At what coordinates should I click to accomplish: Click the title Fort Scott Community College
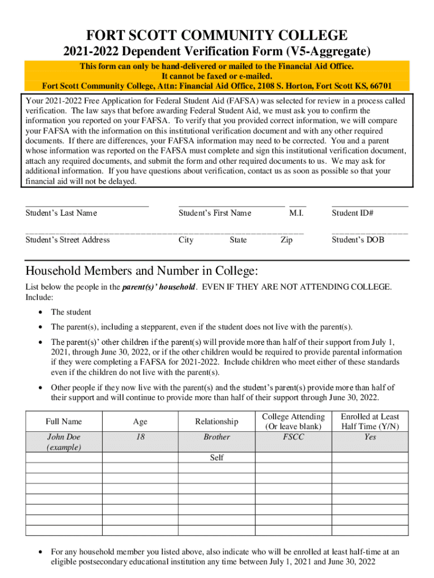(x=217, y=35)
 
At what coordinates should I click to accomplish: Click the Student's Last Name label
(x=61, y=213)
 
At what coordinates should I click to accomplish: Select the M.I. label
(x=296, y=213)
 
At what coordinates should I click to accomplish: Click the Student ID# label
(x=353, y=213)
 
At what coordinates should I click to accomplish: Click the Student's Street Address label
(x=68, y=240)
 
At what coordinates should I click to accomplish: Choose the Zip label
(x=286, y=240)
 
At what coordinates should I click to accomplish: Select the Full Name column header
(x=64, y=421)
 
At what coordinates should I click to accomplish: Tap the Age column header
(x=140, y=421)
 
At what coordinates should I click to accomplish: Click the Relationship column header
(x=216, y=421)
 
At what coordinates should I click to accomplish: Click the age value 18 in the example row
(x=140, y=437)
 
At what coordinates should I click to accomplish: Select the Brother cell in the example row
(x=216, y=437)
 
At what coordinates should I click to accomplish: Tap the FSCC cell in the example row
(x=293, y=437)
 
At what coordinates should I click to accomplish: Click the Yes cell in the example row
(x=370, y=437)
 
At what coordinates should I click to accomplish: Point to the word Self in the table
(x=216, y=458)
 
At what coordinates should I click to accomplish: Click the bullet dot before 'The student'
(x=39, y=312)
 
